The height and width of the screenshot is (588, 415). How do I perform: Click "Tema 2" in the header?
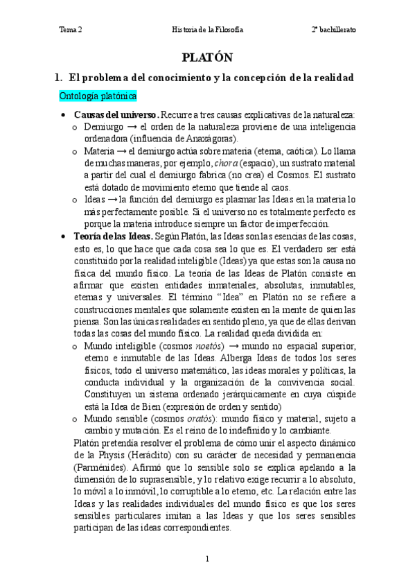[71, 31]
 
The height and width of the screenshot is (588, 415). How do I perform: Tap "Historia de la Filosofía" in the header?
[207, 31]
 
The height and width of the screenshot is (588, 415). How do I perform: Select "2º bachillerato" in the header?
[333, 31]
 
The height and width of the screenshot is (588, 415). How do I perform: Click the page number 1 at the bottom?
[207, 559]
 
